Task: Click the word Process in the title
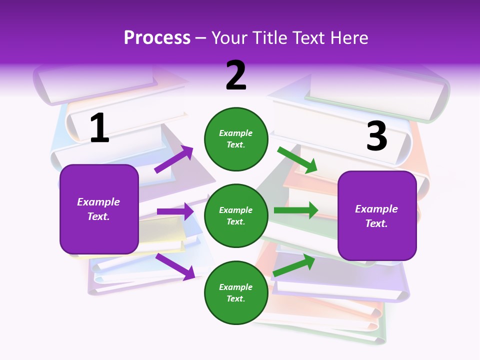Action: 157,38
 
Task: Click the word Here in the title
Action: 348,38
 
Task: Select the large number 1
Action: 99,128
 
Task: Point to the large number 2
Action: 236,76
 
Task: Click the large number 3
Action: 376,136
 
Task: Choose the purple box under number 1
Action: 99,209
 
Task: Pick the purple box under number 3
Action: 377,216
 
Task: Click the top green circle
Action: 236,139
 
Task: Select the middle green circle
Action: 236,215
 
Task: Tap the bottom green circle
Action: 236,292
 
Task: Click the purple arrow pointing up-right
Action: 174,159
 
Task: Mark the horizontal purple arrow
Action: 175,211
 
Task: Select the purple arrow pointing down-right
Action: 175,266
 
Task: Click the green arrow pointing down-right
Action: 298,160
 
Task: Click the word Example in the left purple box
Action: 98,202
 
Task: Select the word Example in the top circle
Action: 236,133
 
